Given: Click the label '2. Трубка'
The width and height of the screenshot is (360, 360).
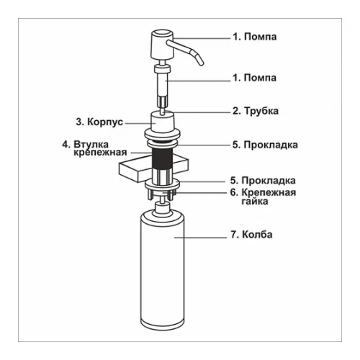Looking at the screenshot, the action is click(x=256, y=111).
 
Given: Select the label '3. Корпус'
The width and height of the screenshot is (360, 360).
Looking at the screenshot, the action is click(x=99, y=122).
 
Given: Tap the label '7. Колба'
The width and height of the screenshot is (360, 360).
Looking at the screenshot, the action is click(x=251, y=235).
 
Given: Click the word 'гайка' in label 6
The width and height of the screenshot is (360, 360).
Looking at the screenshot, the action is click(x=255, y=201).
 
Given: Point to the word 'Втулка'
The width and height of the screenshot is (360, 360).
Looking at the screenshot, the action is click(x=91, y=145).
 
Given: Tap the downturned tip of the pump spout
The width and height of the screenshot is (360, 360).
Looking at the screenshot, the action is click(x=201, y=63).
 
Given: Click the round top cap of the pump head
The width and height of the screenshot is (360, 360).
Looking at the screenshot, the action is click(x=163, y=32).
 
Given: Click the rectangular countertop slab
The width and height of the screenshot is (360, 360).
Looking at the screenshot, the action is click(x=153, y=168).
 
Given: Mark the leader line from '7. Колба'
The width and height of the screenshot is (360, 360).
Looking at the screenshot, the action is click(x=200, y=238).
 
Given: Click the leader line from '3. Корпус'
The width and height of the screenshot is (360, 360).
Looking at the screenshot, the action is click(x=140, y=124).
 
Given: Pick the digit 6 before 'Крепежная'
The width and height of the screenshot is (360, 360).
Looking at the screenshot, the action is click(x=233, y=192).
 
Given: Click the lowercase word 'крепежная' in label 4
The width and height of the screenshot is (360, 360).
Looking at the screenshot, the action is click(x=100, y=153).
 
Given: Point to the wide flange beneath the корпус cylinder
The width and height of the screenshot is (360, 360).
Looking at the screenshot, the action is click(x=163, y=133).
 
